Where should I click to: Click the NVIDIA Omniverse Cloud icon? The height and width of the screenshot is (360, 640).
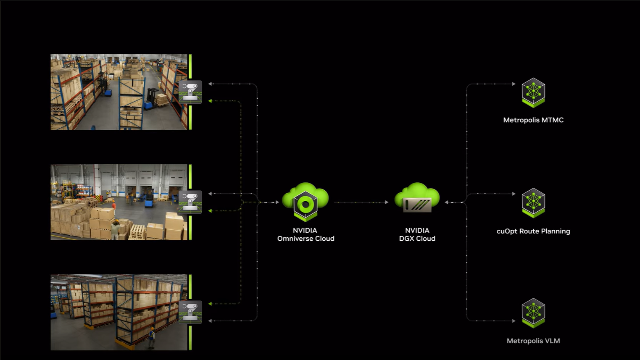[x=306, y=202]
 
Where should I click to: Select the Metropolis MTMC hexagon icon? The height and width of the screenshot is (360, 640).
[x=533, y=92]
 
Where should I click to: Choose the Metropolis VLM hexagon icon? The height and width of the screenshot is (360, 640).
[x=533, y=312]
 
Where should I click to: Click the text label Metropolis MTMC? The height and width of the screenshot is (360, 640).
[x=533, y=120]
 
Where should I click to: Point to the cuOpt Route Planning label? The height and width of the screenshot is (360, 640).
[x=533, y=231]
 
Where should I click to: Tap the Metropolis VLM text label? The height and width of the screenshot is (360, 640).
[x=533, y=341]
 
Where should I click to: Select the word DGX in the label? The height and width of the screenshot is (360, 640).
[x=407, y=239]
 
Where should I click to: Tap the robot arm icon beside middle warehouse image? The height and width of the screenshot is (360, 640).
[x=190, y=202]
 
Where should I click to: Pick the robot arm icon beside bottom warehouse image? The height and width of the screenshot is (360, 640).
[x=190, y=312]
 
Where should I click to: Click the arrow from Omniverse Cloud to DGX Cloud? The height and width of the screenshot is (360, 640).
[x=361, y=202]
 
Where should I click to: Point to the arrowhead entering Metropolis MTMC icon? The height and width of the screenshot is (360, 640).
[x=514, y=84]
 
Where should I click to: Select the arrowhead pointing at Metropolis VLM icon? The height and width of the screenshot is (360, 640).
[x=514, y=321]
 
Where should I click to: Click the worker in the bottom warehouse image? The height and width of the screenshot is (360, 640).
[x=151, y=337]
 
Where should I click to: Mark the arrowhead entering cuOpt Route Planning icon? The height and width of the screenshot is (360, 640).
[x=514, y=194]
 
